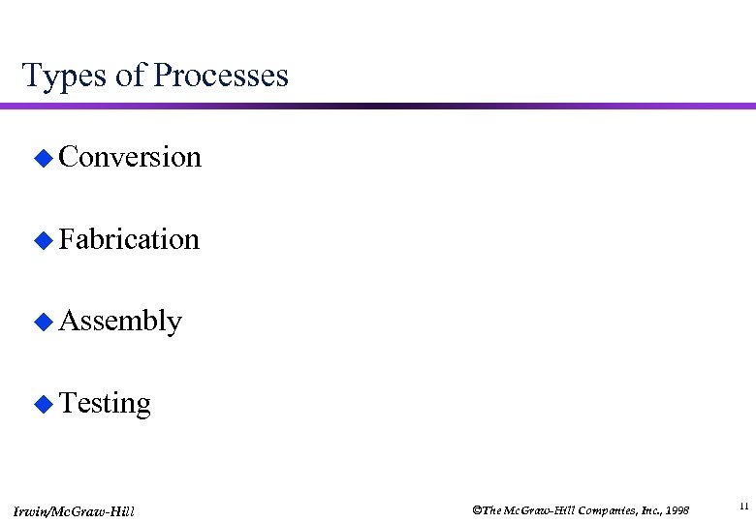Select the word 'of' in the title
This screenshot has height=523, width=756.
point(129,76)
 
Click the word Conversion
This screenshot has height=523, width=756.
point(130,157)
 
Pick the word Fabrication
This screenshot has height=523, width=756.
point(129,238)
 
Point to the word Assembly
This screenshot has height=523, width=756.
point(120,321)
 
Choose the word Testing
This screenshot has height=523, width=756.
point(105,403)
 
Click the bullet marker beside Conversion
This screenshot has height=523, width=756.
point(42,158)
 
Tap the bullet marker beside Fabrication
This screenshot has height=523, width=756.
point(42,239)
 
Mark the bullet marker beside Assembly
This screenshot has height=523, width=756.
point(42,322)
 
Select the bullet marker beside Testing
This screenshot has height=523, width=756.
point(42,404)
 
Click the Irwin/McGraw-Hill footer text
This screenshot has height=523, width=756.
point(75,510)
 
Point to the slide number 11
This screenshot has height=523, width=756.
point(743,506)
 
